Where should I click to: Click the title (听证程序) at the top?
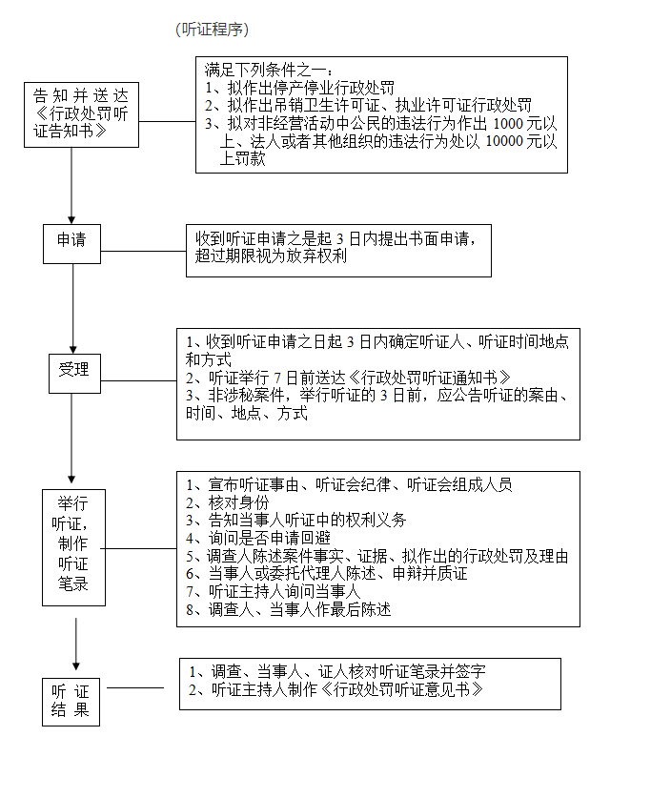point(213,30)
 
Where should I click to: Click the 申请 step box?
point(71,244)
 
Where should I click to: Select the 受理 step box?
point(74,374)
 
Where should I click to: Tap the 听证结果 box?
point(71,702)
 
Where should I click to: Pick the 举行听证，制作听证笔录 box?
point(73,547)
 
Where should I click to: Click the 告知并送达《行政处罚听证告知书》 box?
point(81,115)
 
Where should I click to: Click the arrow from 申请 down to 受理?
point(72,308)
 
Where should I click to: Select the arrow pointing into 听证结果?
point(76,644)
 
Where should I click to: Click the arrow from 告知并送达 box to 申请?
point(71,186)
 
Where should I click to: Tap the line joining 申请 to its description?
point(144,251)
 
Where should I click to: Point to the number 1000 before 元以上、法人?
point(508,123)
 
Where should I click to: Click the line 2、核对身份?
point(228,502)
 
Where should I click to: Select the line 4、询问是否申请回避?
point(258,538)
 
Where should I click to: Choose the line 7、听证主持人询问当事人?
point(274,591)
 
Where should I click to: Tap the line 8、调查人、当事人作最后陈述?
point(289,609)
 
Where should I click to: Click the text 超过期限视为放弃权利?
point(271,256)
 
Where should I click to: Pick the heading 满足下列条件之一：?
point(269,70)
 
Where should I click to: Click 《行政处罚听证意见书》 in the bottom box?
point(402,689)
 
